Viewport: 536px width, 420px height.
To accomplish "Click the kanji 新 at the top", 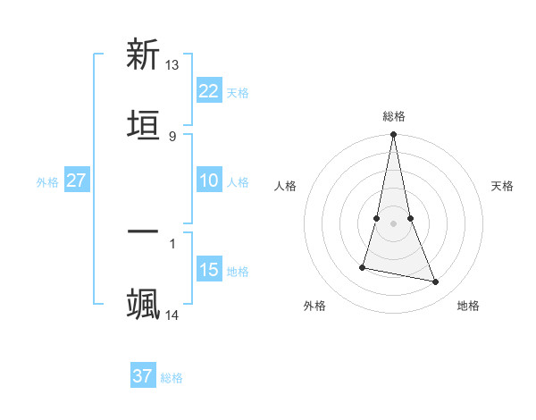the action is (x=143, y=55).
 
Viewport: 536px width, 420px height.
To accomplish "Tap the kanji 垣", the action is (x=143, y=125).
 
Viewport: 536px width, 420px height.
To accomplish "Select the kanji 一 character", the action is (x=143, y=232).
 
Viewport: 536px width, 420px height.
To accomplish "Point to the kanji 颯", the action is (x=143, y=304).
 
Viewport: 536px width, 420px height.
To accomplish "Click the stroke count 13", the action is (x=172, y=65).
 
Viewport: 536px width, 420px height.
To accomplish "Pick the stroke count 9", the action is (x=172, y=136).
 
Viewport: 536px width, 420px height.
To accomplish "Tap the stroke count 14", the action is (x=172, y=315).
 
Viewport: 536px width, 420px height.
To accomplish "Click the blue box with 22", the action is (x=209, y=91).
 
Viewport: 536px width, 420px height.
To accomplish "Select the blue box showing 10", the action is (x=209, y=181).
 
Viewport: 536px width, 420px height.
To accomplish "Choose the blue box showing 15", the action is (x=209, y=270).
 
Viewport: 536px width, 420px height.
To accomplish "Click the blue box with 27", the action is (x=77, y=181).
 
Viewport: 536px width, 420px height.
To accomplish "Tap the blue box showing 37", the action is (x=143, y=376).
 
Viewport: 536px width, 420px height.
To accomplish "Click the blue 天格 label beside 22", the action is (x=238, y=93).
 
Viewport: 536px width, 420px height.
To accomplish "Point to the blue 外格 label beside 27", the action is (x=47, y=182).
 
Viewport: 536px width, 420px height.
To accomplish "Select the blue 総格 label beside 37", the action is (x=172, y=378).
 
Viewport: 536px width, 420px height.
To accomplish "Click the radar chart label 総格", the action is (x=394, y=116).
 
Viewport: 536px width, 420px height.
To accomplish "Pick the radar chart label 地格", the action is (x=468, y=307).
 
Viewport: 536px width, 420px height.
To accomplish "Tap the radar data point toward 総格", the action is (x=394, y=135).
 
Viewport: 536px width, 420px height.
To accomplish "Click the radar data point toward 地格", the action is (x=436, y=282).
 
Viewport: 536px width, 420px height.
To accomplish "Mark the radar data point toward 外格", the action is (x=363, y=267).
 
